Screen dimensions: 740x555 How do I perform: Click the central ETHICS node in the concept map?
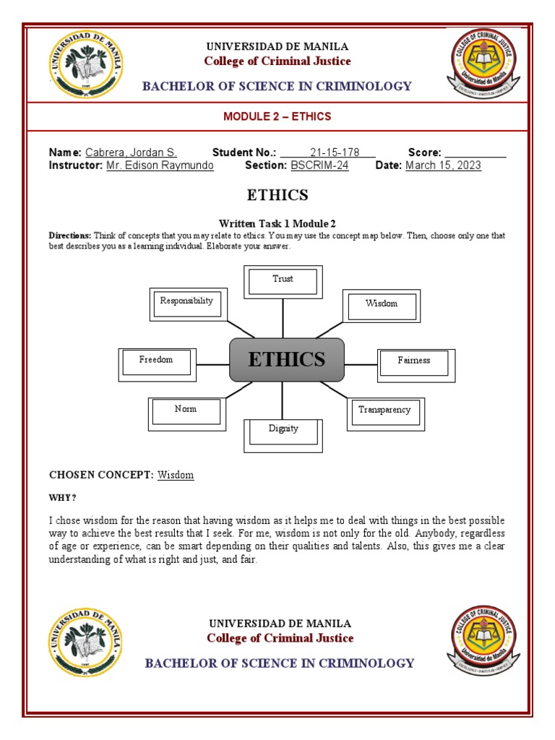tap(287, 360)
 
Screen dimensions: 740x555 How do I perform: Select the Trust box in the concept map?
tap(283, 281)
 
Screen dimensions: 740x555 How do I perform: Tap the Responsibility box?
tap(186, 304)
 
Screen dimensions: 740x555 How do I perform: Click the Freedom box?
tap(156, 363)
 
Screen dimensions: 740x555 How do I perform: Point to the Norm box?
tap(186, 412)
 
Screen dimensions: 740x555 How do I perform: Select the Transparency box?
tap(384, 413)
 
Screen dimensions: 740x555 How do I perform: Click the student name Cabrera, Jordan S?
tap(131, 152)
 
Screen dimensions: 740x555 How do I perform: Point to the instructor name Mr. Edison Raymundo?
tap(160, 165)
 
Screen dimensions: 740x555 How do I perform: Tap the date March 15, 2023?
tap(443, 165)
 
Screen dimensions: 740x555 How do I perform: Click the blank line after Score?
tap(475, 152)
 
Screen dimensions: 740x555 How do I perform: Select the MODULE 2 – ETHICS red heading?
tap(277, 116)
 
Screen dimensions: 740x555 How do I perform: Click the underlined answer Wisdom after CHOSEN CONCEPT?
tap(176, 475)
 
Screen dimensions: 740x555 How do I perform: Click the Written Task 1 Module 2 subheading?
tap(277, 223)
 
